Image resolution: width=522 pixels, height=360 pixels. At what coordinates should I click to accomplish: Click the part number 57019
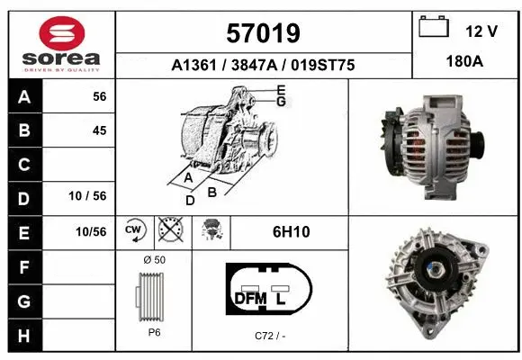coord(262,33)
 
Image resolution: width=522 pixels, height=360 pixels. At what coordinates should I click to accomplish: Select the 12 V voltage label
coord(481,31)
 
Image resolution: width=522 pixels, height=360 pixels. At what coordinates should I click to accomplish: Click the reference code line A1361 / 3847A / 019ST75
coord(263,65)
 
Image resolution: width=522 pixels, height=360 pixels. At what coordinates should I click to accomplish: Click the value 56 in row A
coord(99,97)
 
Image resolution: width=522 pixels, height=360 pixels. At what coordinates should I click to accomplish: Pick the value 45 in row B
coord(99,130)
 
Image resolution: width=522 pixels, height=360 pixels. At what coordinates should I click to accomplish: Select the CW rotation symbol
coord(134,231)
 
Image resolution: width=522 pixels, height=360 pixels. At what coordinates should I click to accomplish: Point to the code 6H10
coord(291,232)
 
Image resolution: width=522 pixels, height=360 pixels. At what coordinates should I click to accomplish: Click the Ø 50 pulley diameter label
coord(153,260)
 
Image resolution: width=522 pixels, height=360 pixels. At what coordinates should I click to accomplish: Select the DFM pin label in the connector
coord(249,298)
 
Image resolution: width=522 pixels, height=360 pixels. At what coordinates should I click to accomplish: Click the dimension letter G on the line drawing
coord(281,101)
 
